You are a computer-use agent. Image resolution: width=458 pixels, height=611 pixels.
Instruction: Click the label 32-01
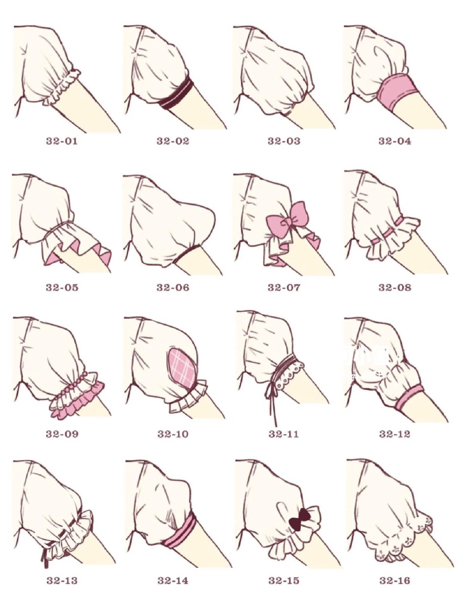tap(62, 141)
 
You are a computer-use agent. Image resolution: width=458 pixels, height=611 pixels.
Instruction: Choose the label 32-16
tap(395, 580)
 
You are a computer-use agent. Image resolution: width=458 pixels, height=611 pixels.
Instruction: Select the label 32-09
tap(62, 434)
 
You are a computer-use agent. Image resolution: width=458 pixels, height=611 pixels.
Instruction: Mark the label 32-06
tap(173, 288)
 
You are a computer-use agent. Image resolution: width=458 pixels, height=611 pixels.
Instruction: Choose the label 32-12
tap(395, 434)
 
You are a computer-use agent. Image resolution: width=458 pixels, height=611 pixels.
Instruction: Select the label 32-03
tap(284, 141)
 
